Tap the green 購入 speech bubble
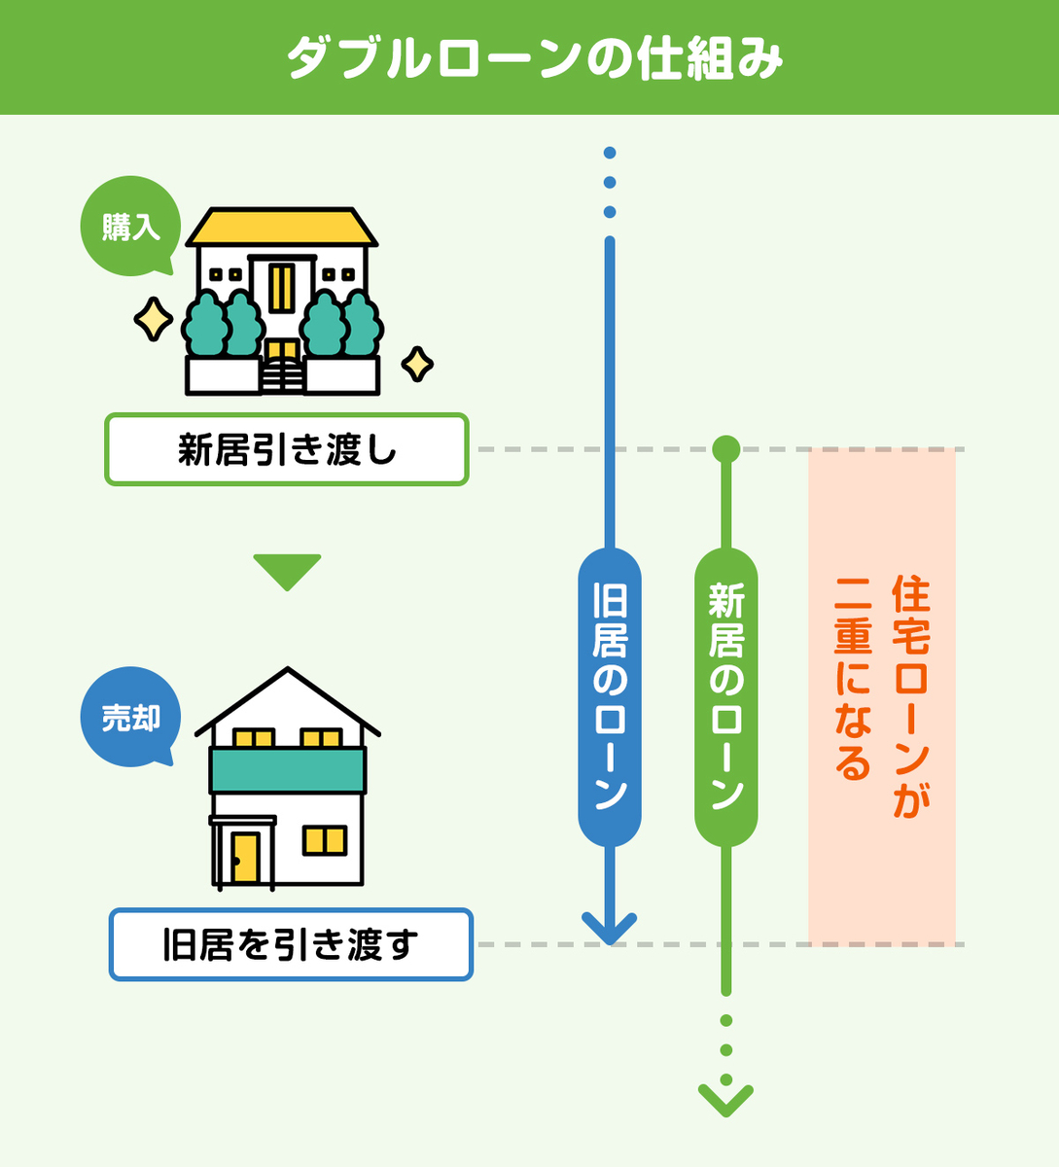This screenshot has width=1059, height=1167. coord(130,227)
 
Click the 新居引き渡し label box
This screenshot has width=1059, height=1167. coord(287,450)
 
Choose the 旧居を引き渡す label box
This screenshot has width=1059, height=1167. coord(291,944)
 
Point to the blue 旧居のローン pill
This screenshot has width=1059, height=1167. coord(610,696)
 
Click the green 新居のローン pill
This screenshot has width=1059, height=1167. coord(725,696)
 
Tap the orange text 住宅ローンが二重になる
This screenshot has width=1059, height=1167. coord(882,681)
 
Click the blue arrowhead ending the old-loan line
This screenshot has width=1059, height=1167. coord(610,928)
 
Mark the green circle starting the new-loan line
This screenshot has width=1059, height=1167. coord(725,448)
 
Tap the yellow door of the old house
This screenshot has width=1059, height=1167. coord(245,857)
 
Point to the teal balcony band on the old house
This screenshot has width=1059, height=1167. coord(288,770)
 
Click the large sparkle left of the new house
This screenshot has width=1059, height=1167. coord(153,320)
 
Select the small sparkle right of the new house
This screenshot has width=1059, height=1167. coord(417,365)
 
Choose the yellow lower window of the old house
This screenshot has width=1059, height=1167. coord(324,839)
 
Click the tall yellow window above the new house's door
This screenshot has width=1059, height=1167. coord(282,288)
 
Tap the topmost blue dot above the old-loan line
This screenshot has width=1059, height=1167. coord(610,153)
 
